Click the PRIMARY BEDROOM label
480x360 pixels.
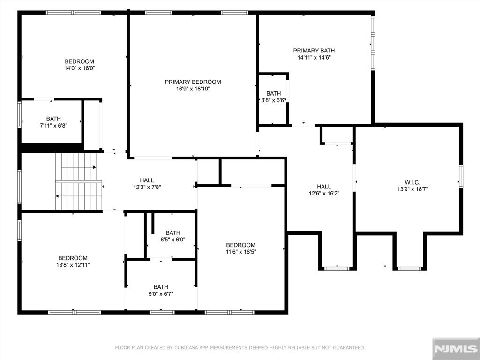pos(193,82)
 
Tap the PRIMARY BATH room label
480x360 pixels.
pos(314,51)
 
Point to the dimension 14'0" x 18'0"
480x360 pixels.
pos(80,68)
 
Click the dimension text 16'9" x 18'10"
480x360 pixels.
pos(193,89)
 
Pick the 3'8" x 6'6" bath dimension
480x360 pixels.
pos(273,100)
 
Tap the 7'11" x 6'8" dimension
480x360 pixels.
pos(53,126)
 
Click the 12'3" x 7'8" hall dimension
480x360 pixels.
pos(147,187)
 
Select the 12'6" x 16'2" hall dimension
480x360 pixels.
pos(324,194)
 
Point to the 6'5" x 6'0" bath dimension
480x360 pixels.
pos(173,240)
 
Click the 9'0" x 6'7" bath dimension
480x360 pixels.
pos(161,294)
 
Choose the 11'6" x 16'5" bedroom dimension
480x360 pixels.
pos(240,252)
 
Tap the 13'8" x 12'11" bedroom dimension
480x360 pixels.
pos(73,265)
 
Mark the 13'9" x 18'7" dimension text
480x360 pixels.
pos(412,189)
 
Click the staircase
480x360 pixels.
pos(79,182)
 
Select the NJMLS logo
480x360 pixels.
pos(456,348)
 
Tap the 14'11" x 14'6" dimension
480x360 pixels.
pos(314,58)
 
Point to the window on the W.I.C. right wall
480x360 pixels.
pos(461,176)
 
